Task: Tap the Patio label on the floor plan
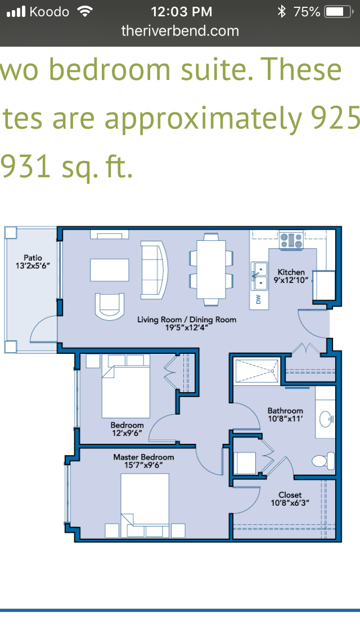(x=33, y=258)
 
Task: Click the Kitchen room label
(x=291, y=272)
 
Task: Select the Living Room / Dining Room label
(x=187, y=319)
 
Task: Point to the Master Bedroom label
(x=143, y=457)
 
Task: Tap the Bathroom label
(x=285, y=411)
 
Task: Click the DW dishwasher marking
(x=259, y=300)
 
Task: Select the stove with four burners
(x=291, y=240)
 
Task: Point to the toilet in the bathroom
(x=323, y=461)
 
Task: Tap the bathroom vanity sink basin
(x=325, y=418)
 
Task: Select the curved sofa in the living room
(x=155, y=269)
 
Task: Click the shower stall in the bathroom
(x=256, y=371)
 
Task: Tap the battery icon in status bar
(x=337, y=12)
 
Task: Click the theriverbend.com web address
(x=180, y=31)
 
